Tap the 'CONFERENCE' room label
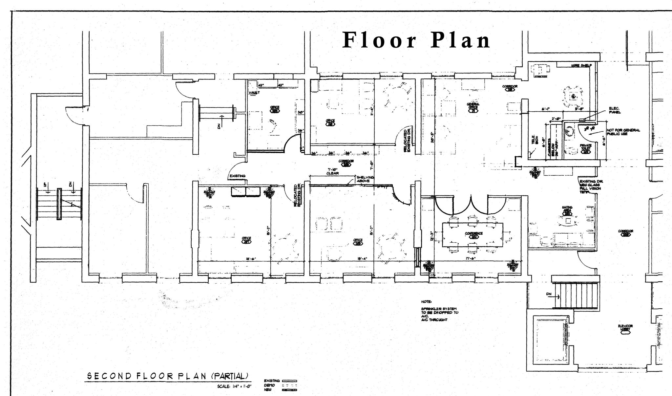click(473, 233)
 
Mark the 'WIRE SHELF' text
click(581, 65)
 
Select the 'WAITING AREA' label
click(567, 209)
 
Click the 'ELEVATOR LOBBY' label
click(625, 327)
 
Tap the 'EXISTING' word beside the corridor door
click(237, 176)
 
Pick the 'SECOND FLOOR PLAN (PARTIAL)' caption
click(167, 376)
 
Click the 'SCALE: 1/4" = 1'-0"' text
click(234, 386)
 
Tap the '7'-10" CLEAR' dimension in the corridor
click(332, 171)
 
